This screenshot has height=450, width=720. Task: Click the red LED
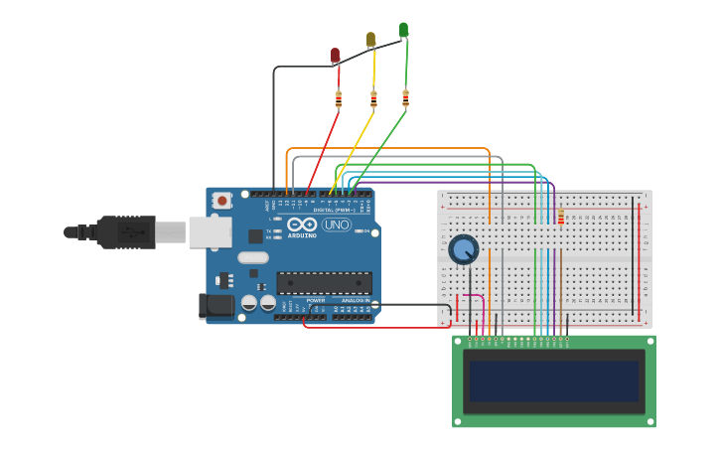(336, 55)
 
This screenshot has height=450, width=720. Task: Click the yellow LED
(371, 39)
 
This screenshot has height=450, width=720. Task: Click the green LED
(403, 30)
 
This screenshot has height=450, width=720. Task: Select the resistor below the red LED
(339, 98)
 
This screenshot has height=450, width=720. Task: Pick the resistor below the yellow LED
(373, 98)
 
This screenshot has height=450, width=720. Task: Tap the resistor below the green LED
(405, 97)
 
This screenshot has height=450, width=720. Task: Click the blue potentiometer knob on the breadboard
(463, 249)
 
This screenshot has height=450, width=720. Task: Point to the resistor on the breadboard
(560, 218)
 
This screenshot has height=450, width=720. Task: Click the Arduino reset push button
(221, 200)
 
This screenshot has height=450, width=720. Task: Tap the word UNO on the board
(337, 225)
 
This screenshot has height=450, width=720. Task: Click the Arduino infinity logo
(302, 225)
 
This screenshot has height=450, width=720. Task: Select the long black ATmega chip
(324, 283)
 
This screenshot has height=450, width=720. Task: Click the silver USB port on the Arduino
(210, 231)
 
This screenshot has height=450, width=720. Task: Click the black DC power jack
(216, 306)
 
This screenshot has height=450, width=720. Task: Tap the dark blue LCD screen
(554, 380)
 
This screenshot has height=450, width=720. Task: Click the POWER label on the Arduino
(316, 300)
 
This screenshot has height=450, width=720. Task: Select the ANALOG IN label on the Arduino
(356, 300)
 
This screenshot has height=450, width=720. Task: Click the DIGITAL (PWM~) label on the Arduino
(336, 210)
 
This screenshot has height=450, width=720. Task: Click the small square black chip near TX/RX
(255, 236)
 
